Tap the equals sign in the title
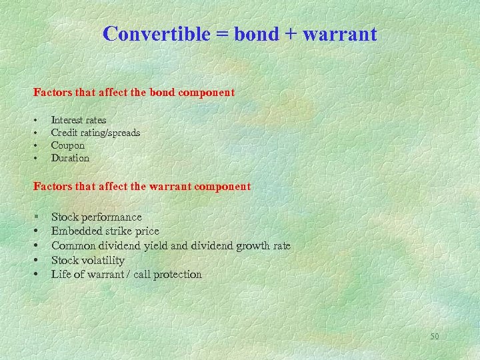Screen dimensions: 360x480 (x=222, y=35)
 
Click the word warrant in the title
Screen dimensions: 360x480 (x=341, y=35)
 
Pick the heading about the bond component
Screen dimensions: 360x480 (x=134, y=93)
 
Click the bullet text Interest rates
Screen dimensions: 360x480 (x=79, y=120)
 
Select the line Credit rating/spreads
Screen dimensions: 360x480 (x=95, y=133)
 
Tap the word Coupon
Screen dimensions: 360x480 (x=68, y=145)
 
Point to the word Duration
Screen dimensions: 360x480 (x=70, y=158)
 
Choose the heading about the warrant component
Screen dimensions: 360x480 (x=142, y=187)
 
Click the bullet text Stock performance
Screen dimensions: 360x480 (x=97, y=217)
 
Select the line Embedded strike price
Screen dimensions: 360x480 (x=105, y=231)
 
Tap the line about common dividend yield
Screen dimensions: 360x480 (x=171, y=245)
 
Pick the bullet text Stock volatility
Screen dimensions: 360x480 (x=88, y=260)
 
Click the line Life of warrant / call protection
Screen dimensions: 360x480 (x=127, y=274)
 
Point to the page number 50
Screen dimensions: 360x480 (x=434, y=337)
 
